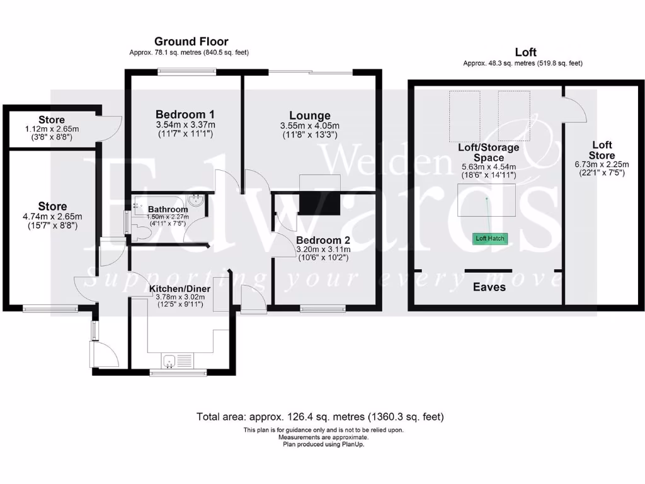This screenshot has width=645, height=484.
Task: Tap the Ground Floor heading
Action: pyautogui.click(x=191, y=42)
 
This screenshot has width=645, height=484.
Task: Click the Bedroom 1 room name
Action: pyautogui.click(x=185, y=115)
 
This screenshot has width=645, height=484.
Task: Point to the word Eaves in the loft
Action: pyautogui.click(x=489, y=287)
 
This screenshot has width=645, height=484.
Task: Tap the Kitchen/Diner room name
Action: pyautogui.click(x=175, y=289)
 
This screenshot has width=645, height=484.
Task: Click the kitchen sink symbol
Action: pyautogui.click(x=168, y=360)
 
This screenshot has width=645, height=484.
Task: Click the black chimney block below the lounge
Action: pyautogui.click(x=319, y=204)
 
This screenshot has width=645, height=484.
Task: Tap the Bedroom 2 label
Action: pyautogui.click(x=322, y=240)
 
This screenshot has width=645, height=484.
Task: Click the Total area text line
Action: pyautogui.click(x=321, y=417)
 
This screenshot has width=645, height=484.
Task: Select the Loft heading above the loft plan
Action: pyautogui.click(x=525, y=53)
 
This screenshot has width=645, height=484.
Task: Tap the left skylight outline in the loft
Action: pyautogui.click(x=464, y=116)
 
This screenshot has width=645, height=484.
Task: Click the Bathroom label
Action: pyautogui.click(x=168, y=209)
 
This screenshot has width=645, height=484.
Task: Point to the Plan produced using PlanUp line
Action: pyautogui.click(x=322, y=444)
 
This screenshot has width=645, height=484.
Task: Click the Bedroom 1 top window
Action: pyautogui.click(x=187, y=71)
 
